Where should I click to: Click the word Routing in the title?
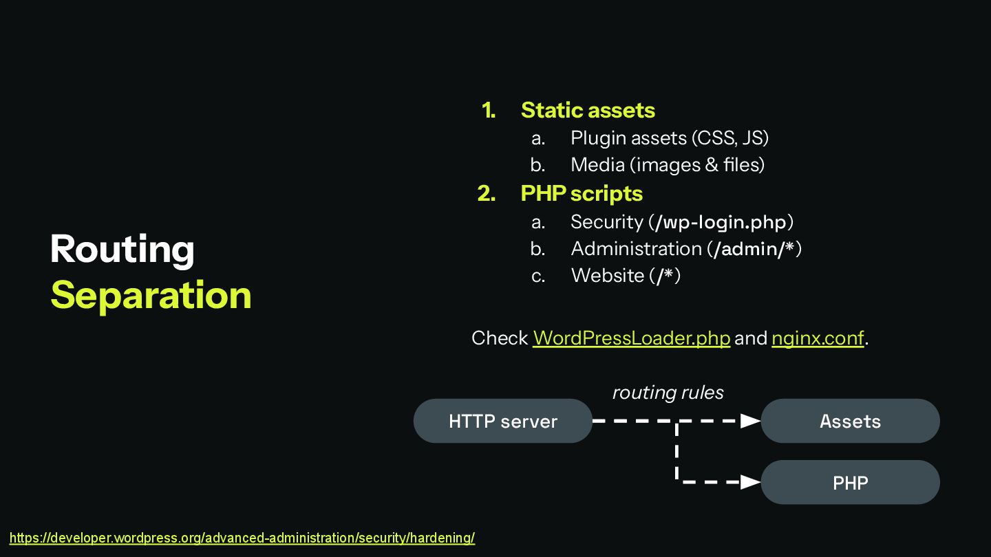[122, 249]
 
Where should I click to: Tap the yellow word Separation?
[151, 295]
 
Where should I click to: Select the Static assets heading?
[587, 110]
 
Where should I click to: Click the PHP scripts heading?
[581, 194]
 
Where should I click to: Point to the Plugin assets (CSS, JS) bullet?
[669, 138]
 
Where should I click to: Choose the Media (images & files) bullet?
[667, 165]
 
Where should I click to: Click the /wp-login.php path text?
[721, 222]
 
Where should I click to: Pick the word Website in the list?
[607, 276]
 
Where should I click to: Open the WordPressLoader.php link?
[631, 338]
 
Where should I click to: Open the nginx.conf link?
[817, 338]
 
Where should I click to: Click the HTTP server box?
[502, 421]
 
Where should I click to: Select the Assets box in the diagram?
[850, 421]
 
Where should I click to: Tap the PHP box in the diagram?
[850, 482]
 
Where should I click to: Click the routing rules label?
[668, 393]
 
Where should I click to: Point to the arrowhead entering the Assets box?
[750, 421]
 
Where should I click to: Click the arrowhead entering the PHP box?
[750, 482]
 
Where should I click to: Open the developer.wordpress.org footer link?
[242, 538]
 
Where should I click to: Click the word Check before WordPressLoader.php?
[500, 338]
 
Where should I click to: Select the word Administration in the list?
[636, 249]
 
